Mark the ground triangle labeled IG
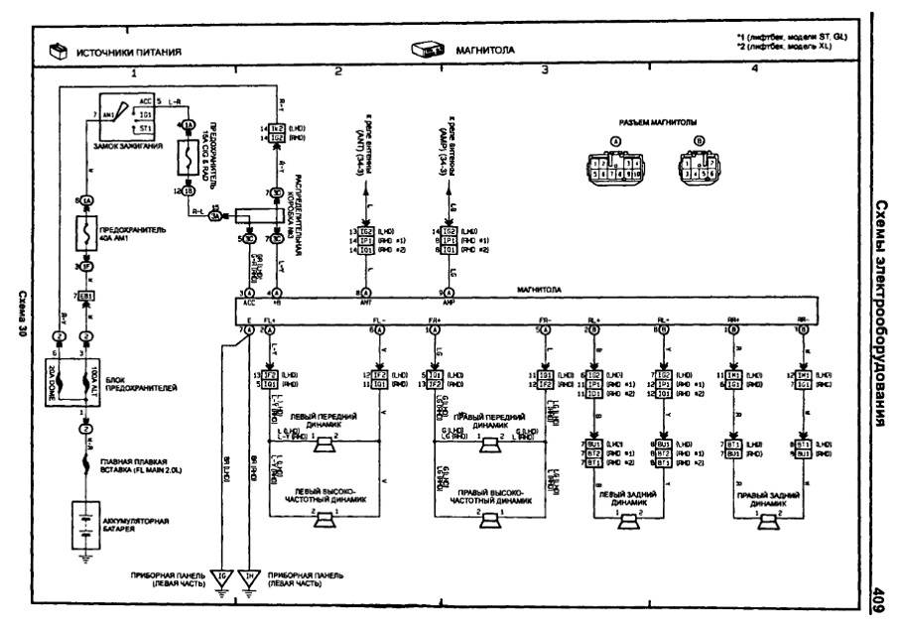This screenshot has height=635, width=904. pos(221,577)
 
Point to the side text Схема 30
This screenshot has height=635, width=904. pos(22,317)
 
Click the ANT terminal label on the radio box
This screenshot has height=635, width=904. pos(365,306)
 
